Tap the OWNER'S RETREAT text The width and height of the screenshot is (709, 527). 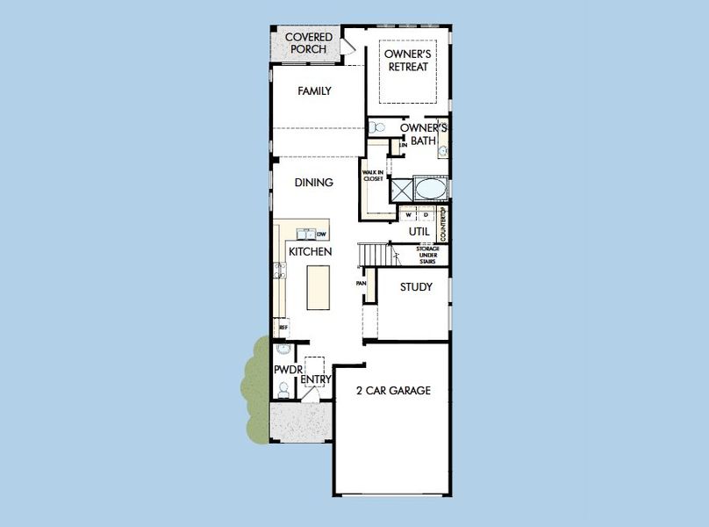point(408,60)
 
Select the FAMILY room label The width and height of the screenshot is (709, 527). point(314,91)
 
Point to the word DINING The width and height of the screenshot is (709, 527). point(313,183)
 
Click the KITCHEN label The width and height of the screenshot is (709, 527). point(311,252)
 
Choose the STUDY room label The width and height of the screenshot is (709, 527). point(416,287)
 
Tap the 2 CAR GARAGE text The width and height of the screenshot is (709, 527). point(393,391)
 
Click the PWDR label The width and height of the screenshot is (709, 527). point(288,371)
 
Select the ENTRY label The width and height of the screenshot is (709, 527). point(316,379)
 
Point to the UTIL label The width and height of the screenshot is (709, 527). point(419,231)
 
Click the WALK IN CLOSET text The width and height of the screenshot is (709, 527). point(373,176)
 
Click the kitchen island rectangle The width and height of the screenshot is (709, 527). point(319,287)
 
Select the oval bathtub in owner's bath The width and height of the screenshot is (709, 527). point(430,189)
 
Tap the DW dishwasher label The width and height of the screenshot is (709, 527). point(322,234)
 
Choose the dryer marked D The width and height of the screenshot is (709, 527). point(426,213)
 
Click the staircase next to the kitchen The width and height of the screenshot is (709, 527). point(374,255)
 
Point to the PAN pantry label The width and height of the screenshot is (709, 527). point(361,284)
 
